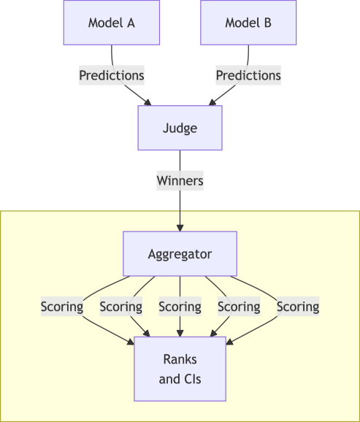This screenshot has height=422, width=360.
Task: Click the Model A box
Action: pos(111,23)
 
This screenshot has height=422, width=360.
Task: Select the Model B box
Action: pos(248,23)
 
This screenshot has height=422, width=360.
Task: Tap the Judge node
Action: pos(180,128)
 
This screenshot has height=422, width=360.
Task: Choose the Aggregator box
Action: pos(180,254)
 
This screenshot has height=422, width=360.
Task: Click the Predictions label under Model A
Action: pos(111,75)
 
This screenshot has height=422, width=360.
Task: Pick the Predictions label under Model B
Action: pos(248,75)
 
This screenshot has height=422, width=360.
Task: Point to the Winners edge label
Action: pos(180,180)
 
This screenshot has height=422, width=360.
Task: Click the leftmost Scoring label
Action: pos(62,307)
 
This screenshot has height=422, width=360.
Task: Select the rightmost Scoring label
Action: pos(297,307)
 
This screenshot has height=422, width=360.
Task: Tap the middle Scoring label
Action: pos(180,307)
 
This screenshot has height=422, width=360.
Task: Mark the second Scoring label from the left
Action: pos(120,307)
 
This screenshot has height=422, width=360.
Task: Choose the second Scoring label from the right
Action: pos(239,307)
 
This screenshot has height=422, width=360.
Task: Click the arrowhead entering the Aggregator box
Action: pos(180,227)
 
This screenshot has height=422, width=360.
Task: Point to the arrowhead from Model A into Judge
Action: pos(148,102)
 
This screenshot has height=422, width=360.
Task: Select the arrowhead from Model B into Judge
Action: pos(212,102)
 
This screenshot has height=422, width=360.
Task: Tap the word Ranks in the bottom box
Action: pos(180,361)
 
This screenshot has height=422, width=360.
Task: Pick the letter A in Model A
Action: pos(131,23)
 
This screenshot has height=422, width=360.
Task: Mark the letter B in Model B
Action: pos(267,23)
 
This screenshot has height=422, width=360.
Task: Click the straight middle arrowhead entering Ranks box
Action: pos(180,333)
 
